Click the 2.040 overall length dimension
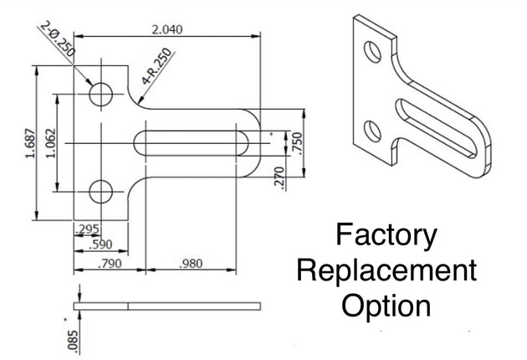tap(166, 29)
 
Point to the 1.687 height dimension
tap(28, 144)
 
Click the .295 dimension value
tap(87, 229)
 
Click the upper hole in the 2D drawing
tap(100, 94)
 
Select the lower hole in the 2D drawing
tap(100, 191)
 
